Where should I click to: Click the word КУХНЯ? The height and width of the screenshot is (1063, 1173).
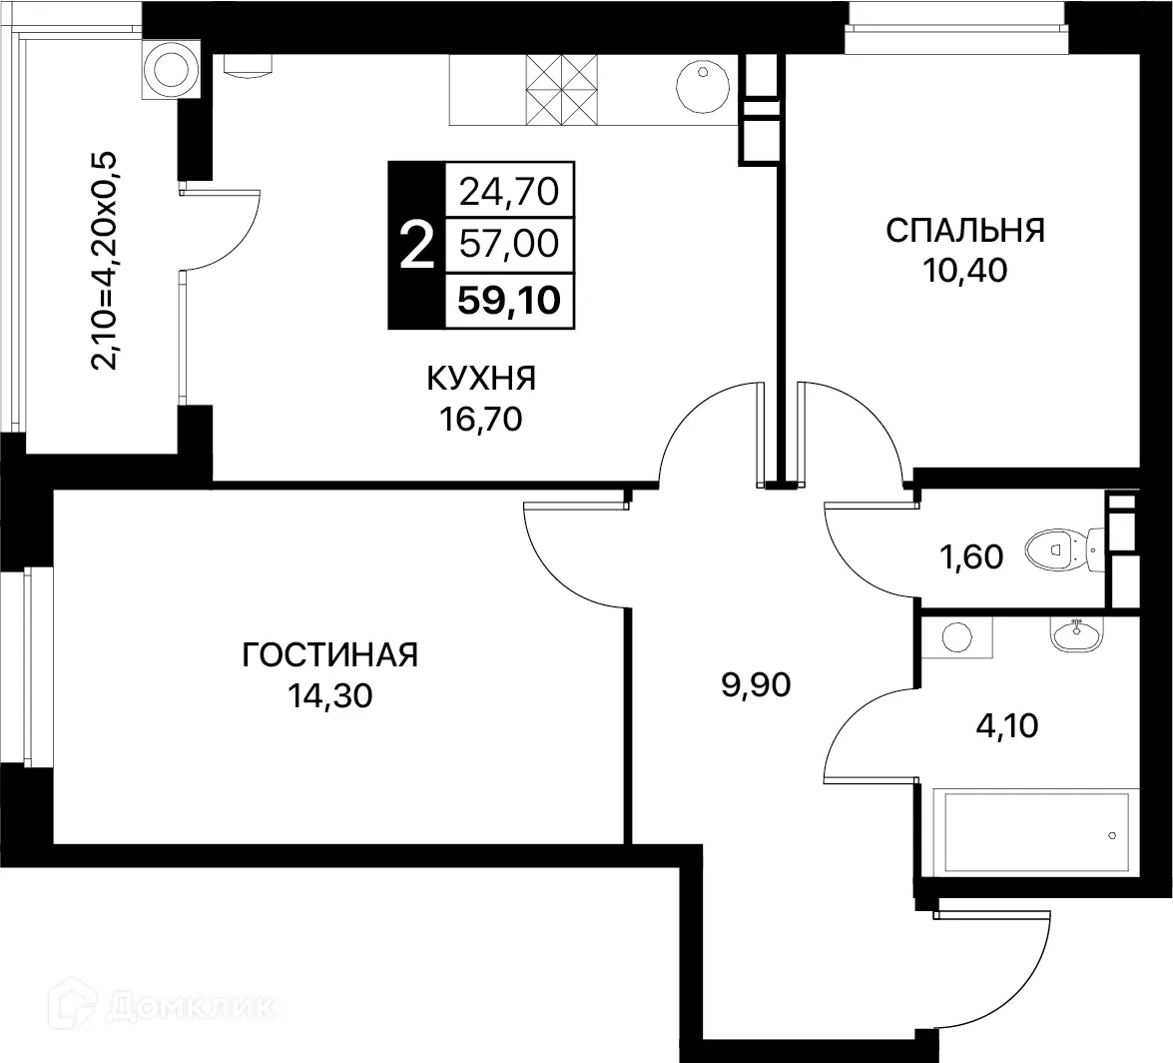[x=481, y=379]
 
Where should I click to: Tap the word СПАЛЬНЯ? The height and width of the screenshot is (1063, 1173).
[x=964, y=230]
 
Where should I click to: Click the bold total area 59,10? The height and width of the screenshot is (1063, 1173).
[x=509, y=299]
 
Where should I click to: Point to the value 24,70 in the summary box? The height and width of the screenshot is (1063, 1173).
[x=509, y=189]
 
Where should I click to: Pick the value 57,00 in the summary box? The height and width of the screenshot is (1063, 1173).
[x=509, y=243]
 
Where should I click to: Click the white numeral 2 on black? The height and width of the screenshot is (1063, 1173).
[x=416, y=245]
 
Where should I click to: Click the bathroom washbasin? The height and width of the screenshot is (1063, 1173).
[x=1075, y=632]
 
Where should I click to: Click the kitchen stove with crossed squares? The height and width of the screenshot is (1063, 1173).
[x=561, y=88]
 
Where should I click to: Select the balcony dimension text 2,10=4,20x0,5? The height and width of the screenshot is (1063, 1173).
[x=105, y=260]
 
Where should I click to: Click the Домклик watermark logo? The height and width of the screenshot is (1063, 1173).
[x=170, y=1007]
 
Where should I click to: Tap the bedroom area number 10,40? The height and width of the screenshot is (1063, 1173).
[x=964, y=270]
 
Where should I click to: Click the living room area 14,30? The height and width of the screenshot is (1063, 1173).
[x=329, y=695]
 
